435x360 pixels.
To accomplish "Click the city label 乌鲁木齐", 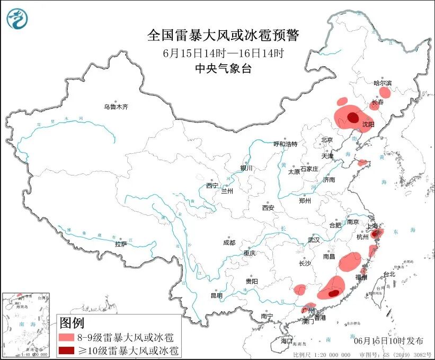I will tap(116, 107).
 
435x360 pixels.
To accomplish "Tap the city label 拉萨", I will tap(121, 244).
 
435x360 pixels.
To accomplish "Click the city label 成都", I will tap(229, 242).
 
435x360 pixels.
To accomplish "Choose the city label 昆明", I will tap(217, 295).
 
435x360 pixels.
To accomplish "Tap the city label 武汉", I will tap(314, 240).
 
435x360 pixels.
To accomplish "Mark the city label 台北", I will tap(389, 274).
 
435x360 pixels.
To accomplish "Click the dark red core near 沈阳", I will tap(352, 118).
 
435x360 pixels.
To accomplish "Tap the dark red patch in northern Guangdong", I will tap(333, 293).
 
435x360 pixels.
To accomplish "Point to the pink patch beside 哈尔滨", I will tap(385, 93).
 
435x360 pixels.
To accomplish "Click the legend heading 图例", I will tap(72, 322).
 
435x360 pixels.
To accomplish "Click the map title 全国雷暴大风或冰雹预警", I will tap(223, 36).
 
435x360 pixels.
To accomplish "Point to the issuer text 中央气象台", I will tap(223, 68).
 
